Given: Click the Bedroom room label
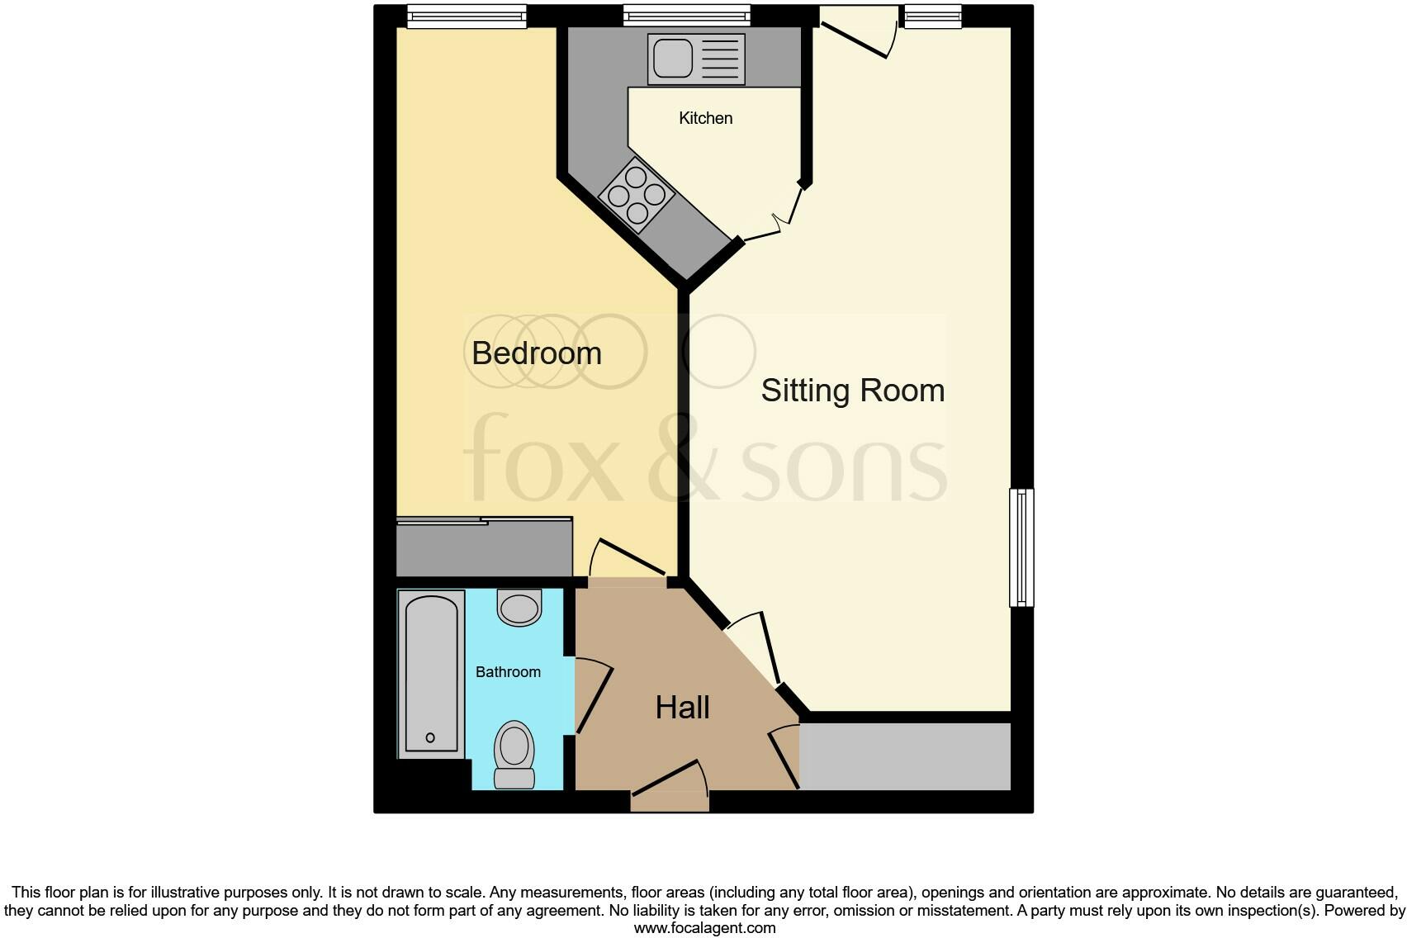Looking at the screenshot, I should point(536,353).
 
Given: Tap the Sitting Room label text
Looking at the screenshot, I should point(852,391).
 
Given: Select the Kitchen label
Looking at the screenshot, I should point(705,118).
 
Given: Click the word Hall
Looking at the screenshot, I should point(682,708).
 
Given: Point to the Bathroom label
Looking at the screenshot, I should point(508,672).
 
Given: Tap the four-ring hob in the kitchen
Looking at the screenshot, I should point(637,196).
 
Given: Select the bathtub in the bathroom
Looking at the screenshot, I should point(430,673).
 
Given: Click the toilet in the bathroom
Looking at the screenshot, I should point(514,754).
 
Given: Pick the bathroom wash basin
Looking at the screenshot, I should point(519,607).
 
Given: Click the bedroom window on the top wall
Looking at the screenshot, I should point(467,16).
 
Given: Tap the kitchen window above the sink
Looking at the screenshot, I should point(686,16).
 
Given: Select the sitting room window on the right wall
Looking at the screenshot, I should point(1021,547).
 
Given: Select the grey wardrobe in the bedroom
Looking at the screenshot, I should point(484,548).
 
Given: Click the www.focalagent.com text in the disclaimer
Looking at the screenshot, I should point(704,928).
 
